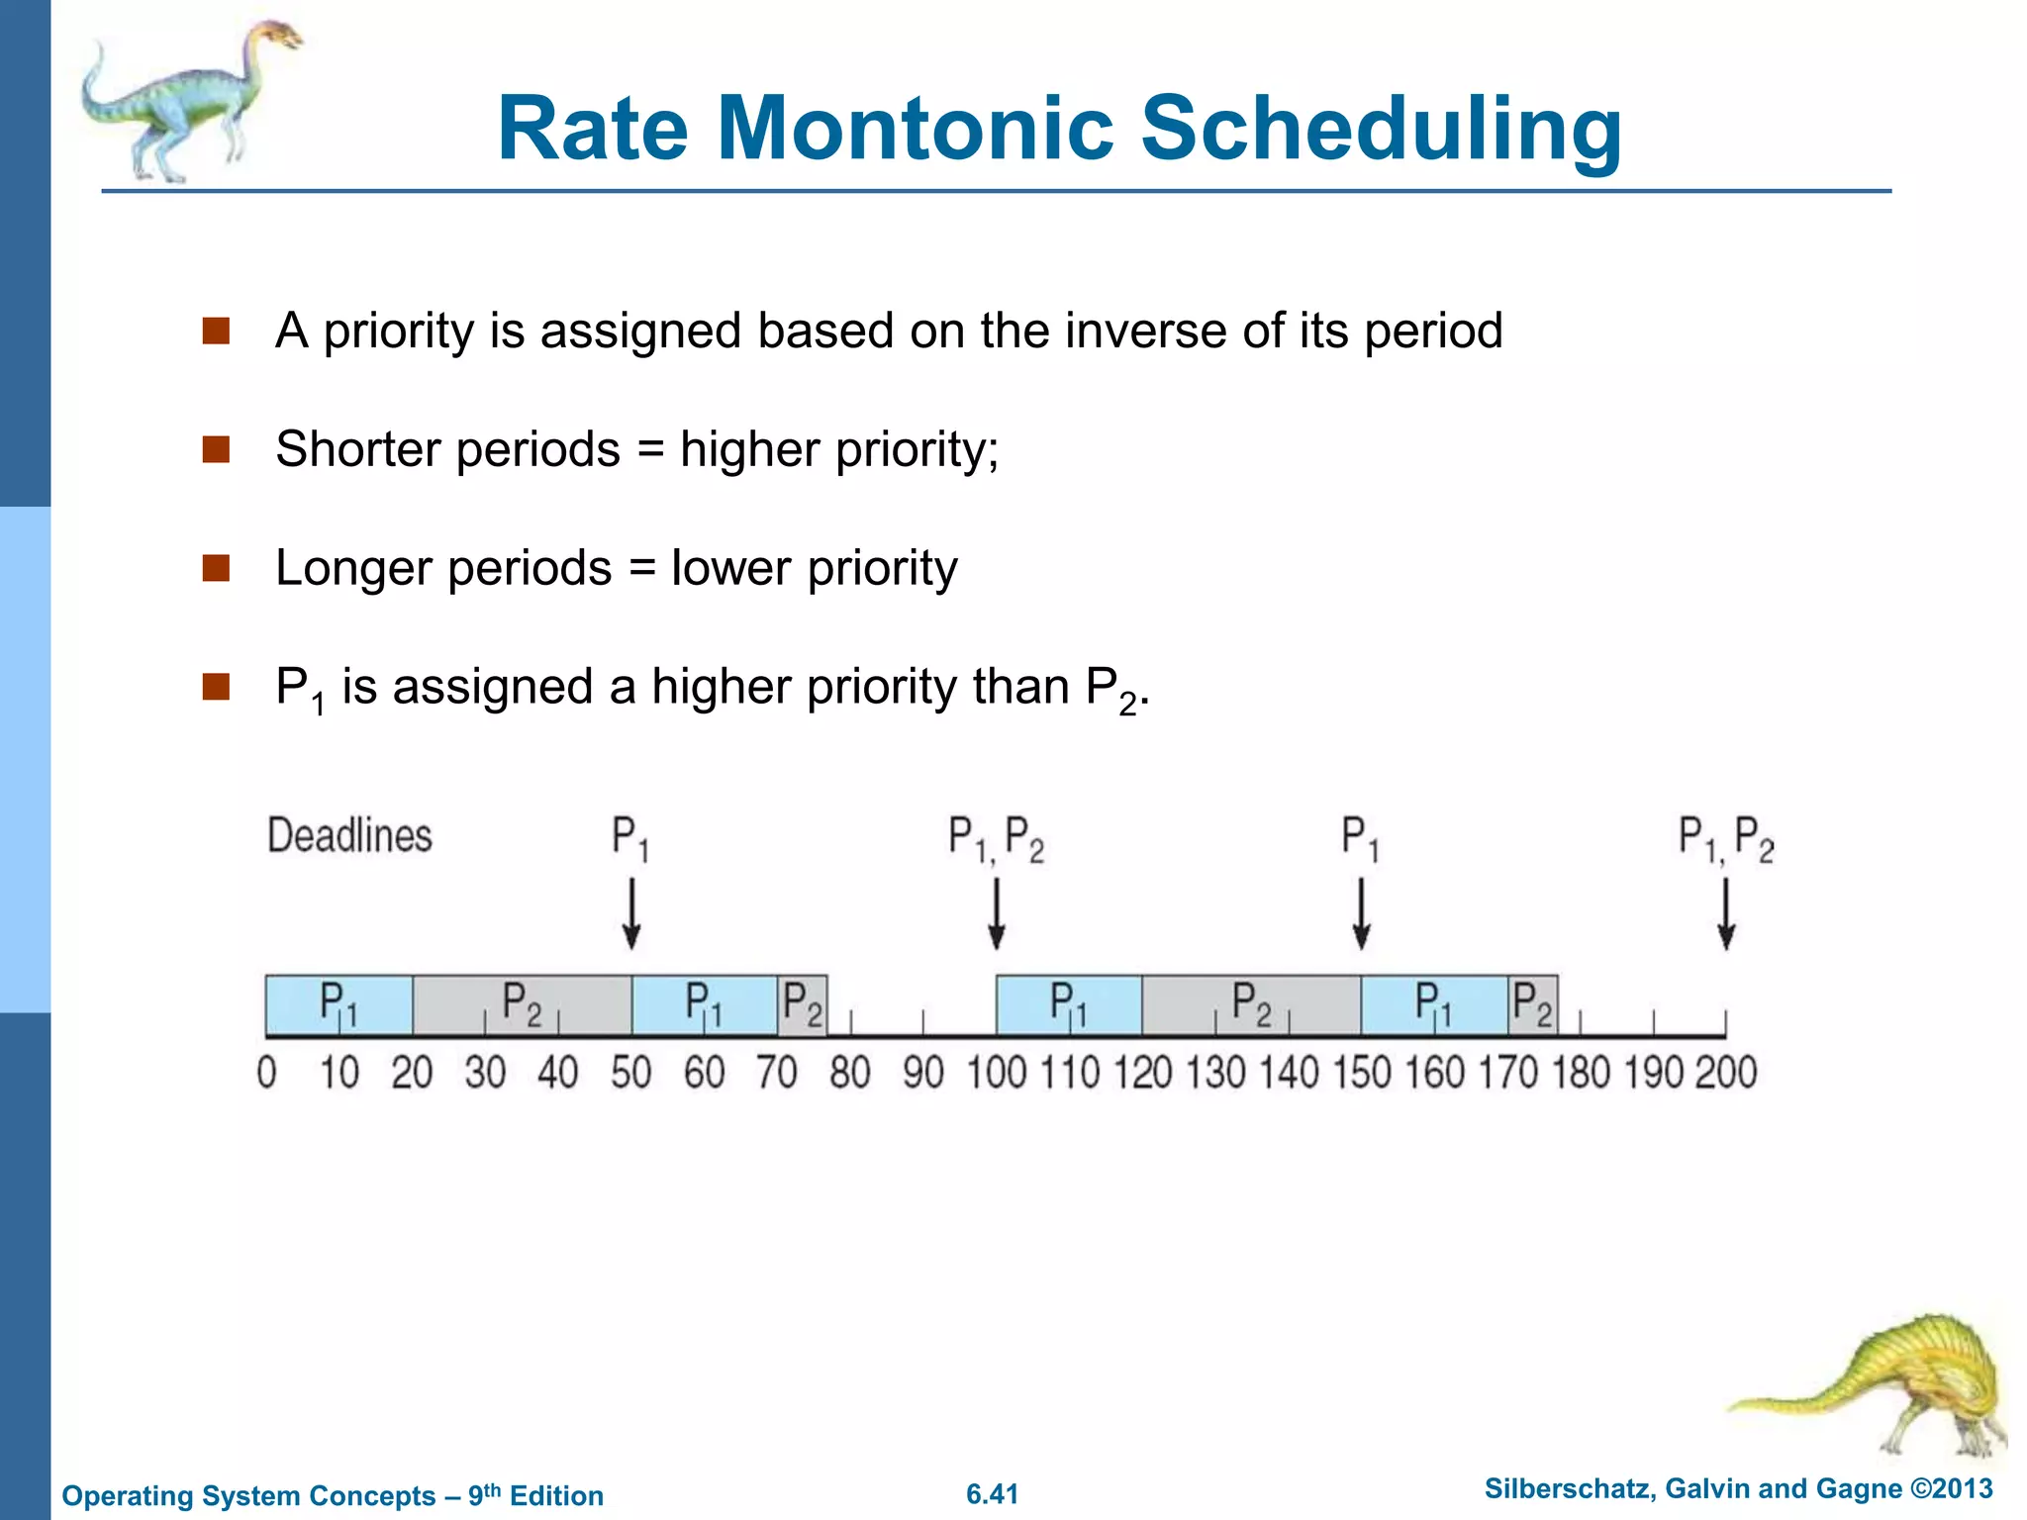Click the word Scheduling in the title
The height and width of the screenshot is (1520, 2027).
1381,129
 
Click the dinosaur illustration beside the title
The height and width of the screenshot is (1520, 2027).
188,99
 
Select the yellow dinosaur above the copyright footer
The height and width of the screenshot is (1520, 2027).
1881,1385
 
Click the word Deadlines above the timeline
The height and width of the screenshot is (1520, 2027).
349,836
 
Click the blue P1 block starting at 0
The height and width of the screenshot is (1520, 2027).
338,1004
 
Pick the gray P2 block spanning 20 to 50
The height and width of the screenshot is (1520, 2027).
522,1004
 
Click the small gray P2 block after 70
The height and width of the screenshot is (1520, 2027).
802,1004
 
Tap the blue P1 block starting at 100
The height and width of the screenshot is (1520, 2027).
1069,1004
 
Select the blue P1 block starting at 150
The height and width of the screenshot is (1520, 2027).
1433,1004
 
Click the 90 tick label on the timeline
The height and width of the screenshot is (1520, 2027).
922,1073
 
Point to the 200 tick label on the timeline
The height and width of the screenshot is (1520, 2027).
1726,1073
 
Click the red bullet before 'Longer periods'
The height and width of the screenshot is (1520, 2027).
216,568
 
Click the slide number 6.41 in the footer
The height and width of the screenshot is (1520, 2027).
992,1494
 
